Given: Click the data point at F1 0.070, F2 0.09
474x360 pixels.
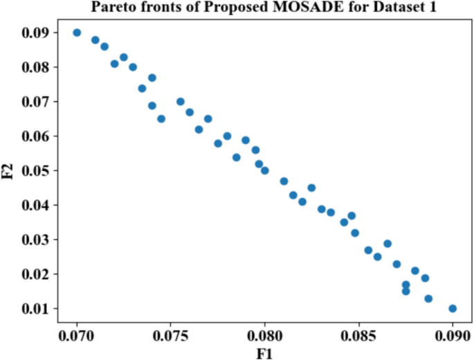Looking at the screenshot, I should [x=77, y=33].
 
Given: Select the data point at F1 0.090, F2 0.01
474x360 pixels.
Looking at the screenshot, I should [x=453, y=308].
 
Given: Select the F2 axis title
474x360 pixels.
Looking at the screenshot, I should [x=9, y=170].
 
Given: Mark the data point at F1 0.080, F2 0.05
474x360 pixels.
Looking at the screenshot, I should [x=264, y=170].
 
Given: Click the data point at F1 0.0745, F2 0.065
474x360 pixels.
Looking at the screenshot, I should [x=161, y=118].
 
